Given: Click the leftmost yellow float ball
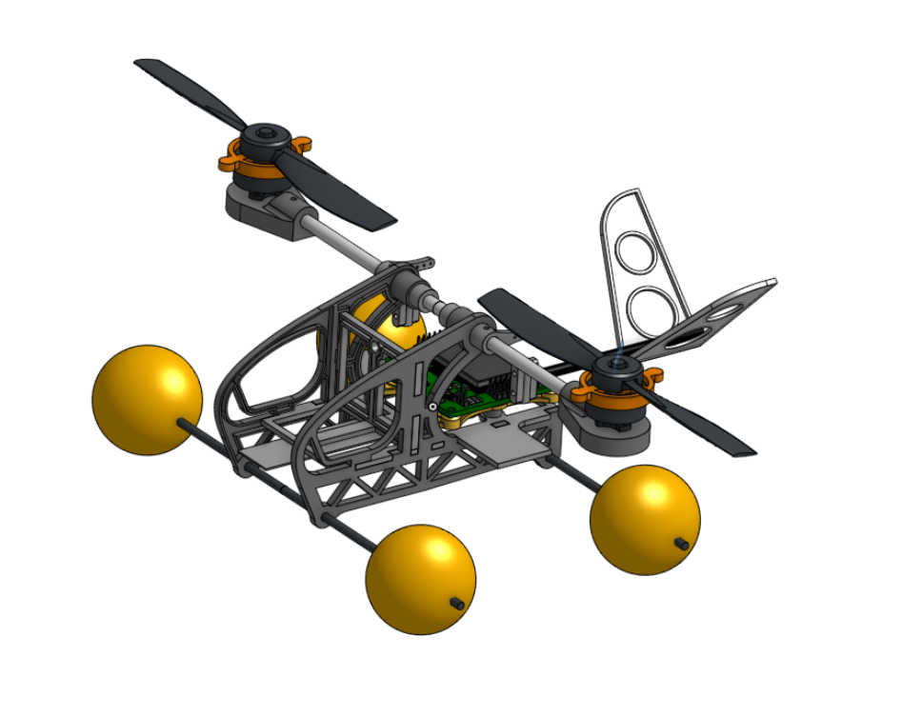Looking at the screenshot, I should point(147,399).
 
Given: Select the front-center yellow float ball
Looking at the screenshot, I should point(420,578).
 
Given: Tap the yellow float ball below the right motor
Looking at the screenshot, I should point(645,519).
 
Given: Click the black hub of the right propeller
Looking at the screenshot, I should point(615,372).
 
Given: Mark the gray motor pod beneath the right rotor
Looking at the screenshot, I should point(610,433).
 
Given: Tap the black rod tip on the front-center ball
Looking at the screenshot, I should point(457,603).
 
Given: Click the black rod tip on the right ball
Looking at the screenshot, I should point(682,544).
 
